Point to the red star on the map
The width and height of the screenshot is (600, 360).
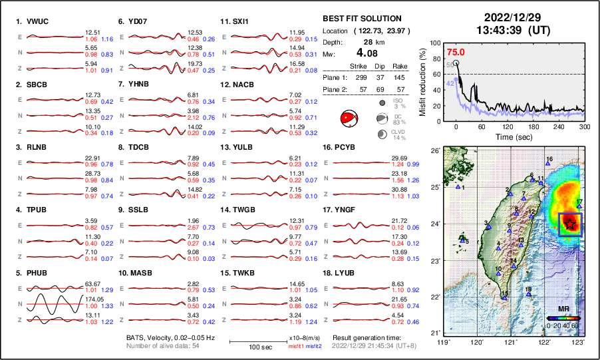[x=569, y=225]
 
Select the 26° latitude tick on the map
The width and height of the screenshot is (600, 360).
[x=435, y=151]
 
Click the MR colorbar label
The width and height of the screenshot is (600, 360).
[x=563, y=309]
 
